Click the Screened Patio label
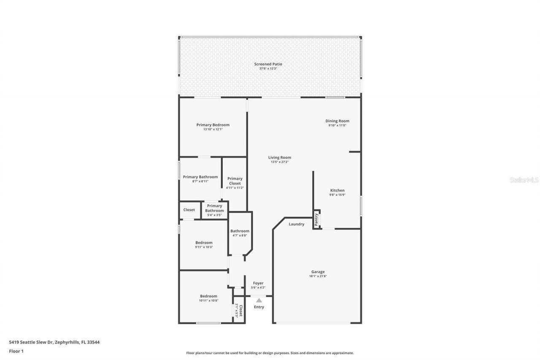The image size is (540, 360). click(268, 64)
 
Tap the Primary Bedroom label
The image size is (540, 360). click(213, 125)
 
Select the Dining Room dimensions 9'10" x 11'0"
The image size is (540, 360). click(337, 125)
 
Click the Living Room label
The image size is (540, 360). click(280, 157)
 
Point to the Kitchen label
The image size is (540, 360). click(337, 190)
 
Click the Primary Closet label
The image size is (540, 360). click(235, 181)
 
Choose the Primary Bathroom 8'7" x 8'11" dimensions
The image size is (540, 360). click(200, 181)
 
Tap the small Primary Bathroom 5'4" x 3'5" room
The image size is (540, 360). click(214, 210)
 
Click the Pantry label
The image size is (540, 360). click(316, 219)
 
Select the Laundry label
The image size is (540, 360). click(296, 224)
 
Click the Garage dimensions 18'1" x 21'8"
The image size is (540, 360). click(318, 276)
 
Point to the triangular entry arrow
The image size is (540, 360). click(259, 300)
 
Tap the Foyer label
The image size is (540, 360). click(258, 283)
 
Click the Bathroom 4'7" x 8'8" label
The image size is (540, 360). click(240, 231)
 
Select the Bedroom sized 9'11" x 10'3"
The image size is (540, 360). click(204, 244)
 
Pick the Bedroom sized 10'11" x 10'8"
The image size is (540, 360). click(208, 298)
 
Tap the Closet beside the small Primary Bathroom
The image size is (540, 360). click(189, 210)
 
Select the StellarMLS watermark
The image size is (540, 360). click(524, 180)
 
